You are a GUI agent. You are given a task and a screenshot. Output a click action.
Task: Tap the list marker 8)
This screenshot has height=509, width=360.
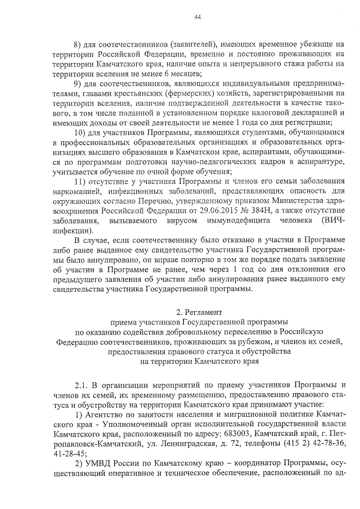pos(79,44)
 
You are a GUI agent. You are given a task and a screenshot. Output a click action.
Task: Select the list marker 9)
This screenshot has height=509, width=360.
pos(79,84)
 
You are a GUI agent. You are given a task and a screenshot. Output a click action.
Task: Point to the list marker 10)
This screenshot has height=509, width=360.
pos(82,132)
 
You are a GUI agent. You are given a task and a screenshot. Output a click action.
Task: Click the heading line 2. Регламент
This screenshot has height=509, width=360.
pos(199,311)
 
